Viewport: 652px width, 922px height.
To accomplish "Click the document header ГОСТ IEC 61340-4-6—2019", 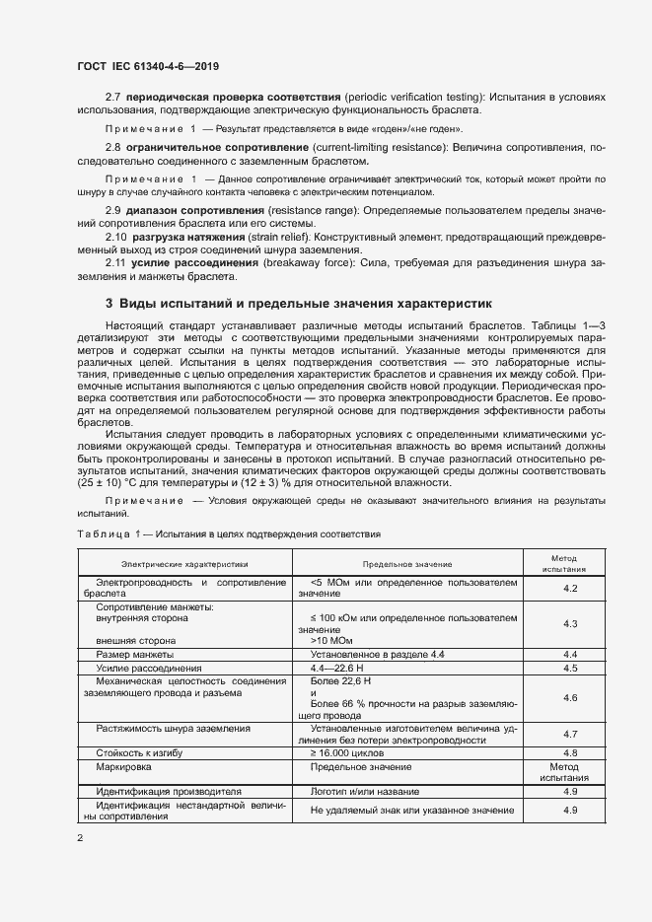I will pyautogui.click(x=147, y=67).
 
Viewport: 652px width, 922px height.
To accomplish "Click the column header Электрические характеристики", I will pyautogui.click(x=184, y=564).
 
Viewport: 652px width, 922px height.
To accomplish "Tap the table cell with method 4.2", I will pyautogui.click(x=569, y=589).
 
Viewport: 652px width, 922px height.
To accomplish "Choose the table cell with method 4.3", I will pyautogui.click(x=569, y=624).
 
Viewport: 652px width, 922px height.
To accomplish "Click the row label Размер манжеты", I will pyautogui.click(x=134, y=654).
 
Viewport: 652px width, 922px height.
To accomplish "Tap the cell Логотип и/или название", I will pyautogui.click(x=368, y=791).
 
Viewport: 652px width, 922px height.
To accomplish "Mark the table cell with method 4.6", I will pyautogui.click(x=569, y=697).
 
